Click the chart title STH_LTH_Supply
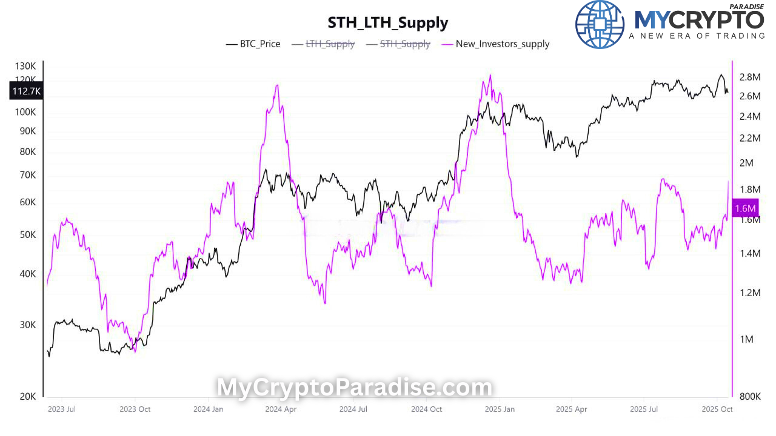388,23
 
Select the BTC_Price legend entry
253,44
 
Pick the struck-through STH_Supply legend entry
398,44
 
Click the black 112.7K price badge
26,91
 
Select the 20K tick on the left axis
28,397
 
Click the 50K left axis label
28,234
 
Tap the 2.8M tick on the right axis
749,77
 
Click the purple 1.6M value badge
745,208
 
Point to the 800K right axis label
751,397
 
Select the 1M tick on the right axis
746,339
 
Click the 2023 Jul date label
61,409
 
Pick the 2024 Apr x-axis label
280,409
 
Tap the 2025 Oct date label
717,409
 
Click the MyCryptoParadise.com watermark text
355,387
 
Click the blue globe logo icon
599,24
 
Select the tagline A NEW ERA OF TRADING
697,36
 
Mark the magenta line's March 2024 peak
277,85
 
